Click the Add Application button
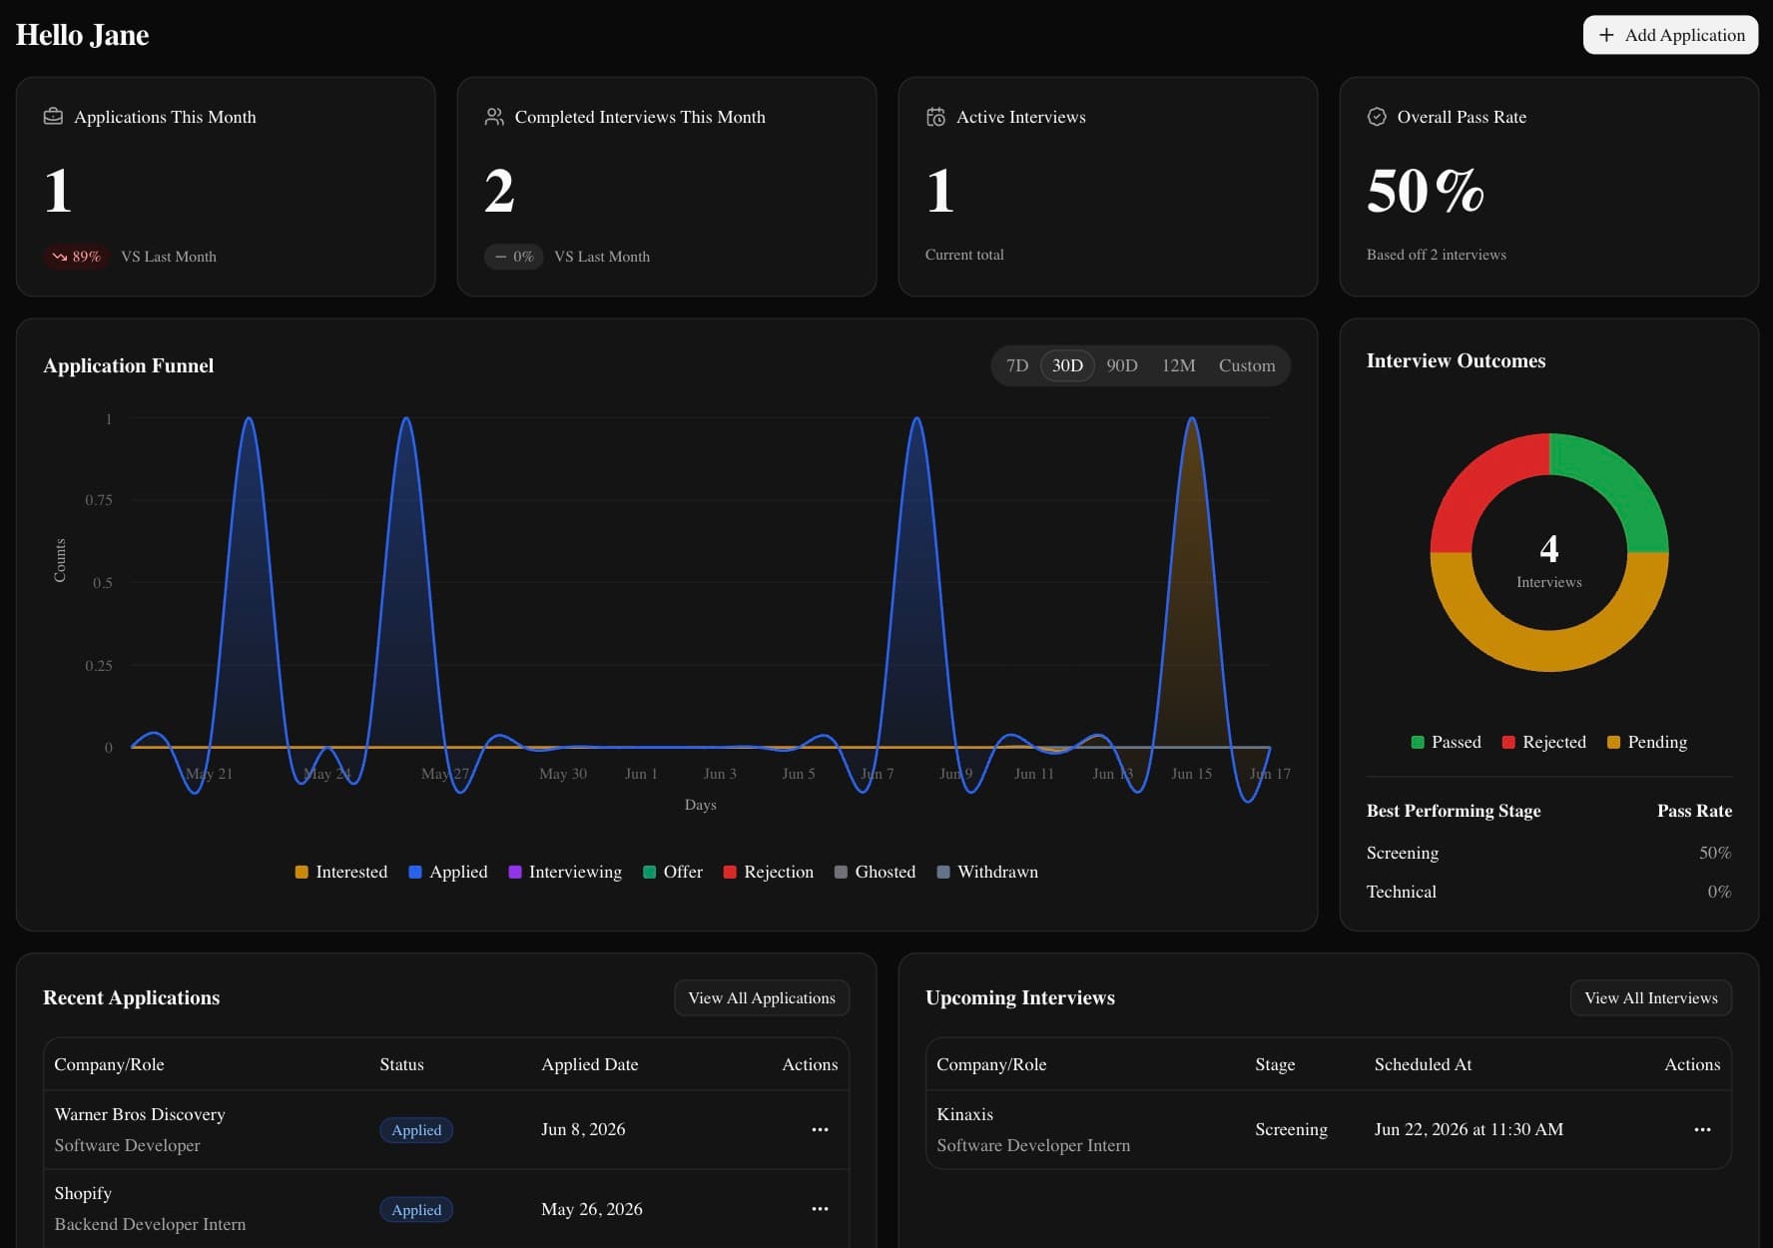click(x=1670, y=35)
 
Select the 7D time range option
click(x=1017, y=365)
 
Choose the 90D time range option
click(x=1122, y=365)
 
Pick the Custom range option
click(x=1247, y=365)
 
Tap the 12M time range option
click(x=1178, y=365)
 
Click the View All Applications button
click(x=762, y=997)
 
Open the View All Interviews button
click(x=1651, y=997)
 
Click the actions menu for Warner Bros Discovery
click(x=820, y=1129)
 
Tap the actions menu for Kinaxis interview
click(x=1702, y=1129)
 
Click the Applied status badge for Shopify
click(x=416, y=1209)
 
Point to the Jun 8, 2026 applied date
click(x=583, y=1129)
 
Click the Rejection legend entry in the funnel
click(x=769, y=872)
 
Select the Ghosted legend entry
click(x=876, y=872)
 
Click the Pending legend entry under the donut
click(x=1647, y=742)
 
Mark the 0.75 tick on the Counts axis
click(x=98, y=500)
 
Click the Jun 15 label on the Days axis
click(x=1191, y=774)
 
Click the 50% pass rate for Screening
click(x=1715, y=853)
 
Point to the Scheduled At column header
click(x=1423, y=1064)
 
